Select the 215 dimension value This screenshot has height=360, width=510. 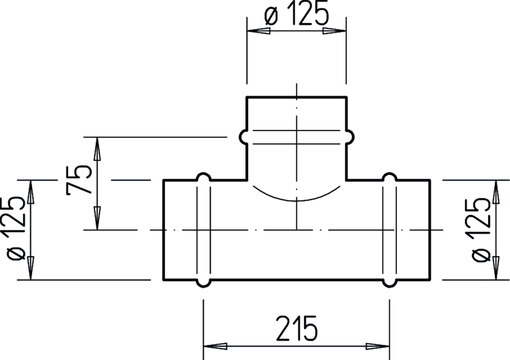point(296,328)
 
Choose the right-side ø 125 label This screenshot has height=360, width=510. point(481,230)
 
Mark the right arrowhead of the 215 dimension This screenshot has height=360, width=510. point(377,346)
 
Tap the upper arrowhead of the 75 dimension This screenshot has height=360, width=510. point(97,149)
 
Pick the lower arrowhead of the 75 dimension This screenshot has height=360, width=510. point(97,218)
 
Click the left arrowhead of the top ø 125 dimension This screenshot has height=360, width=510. point(258,31)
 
